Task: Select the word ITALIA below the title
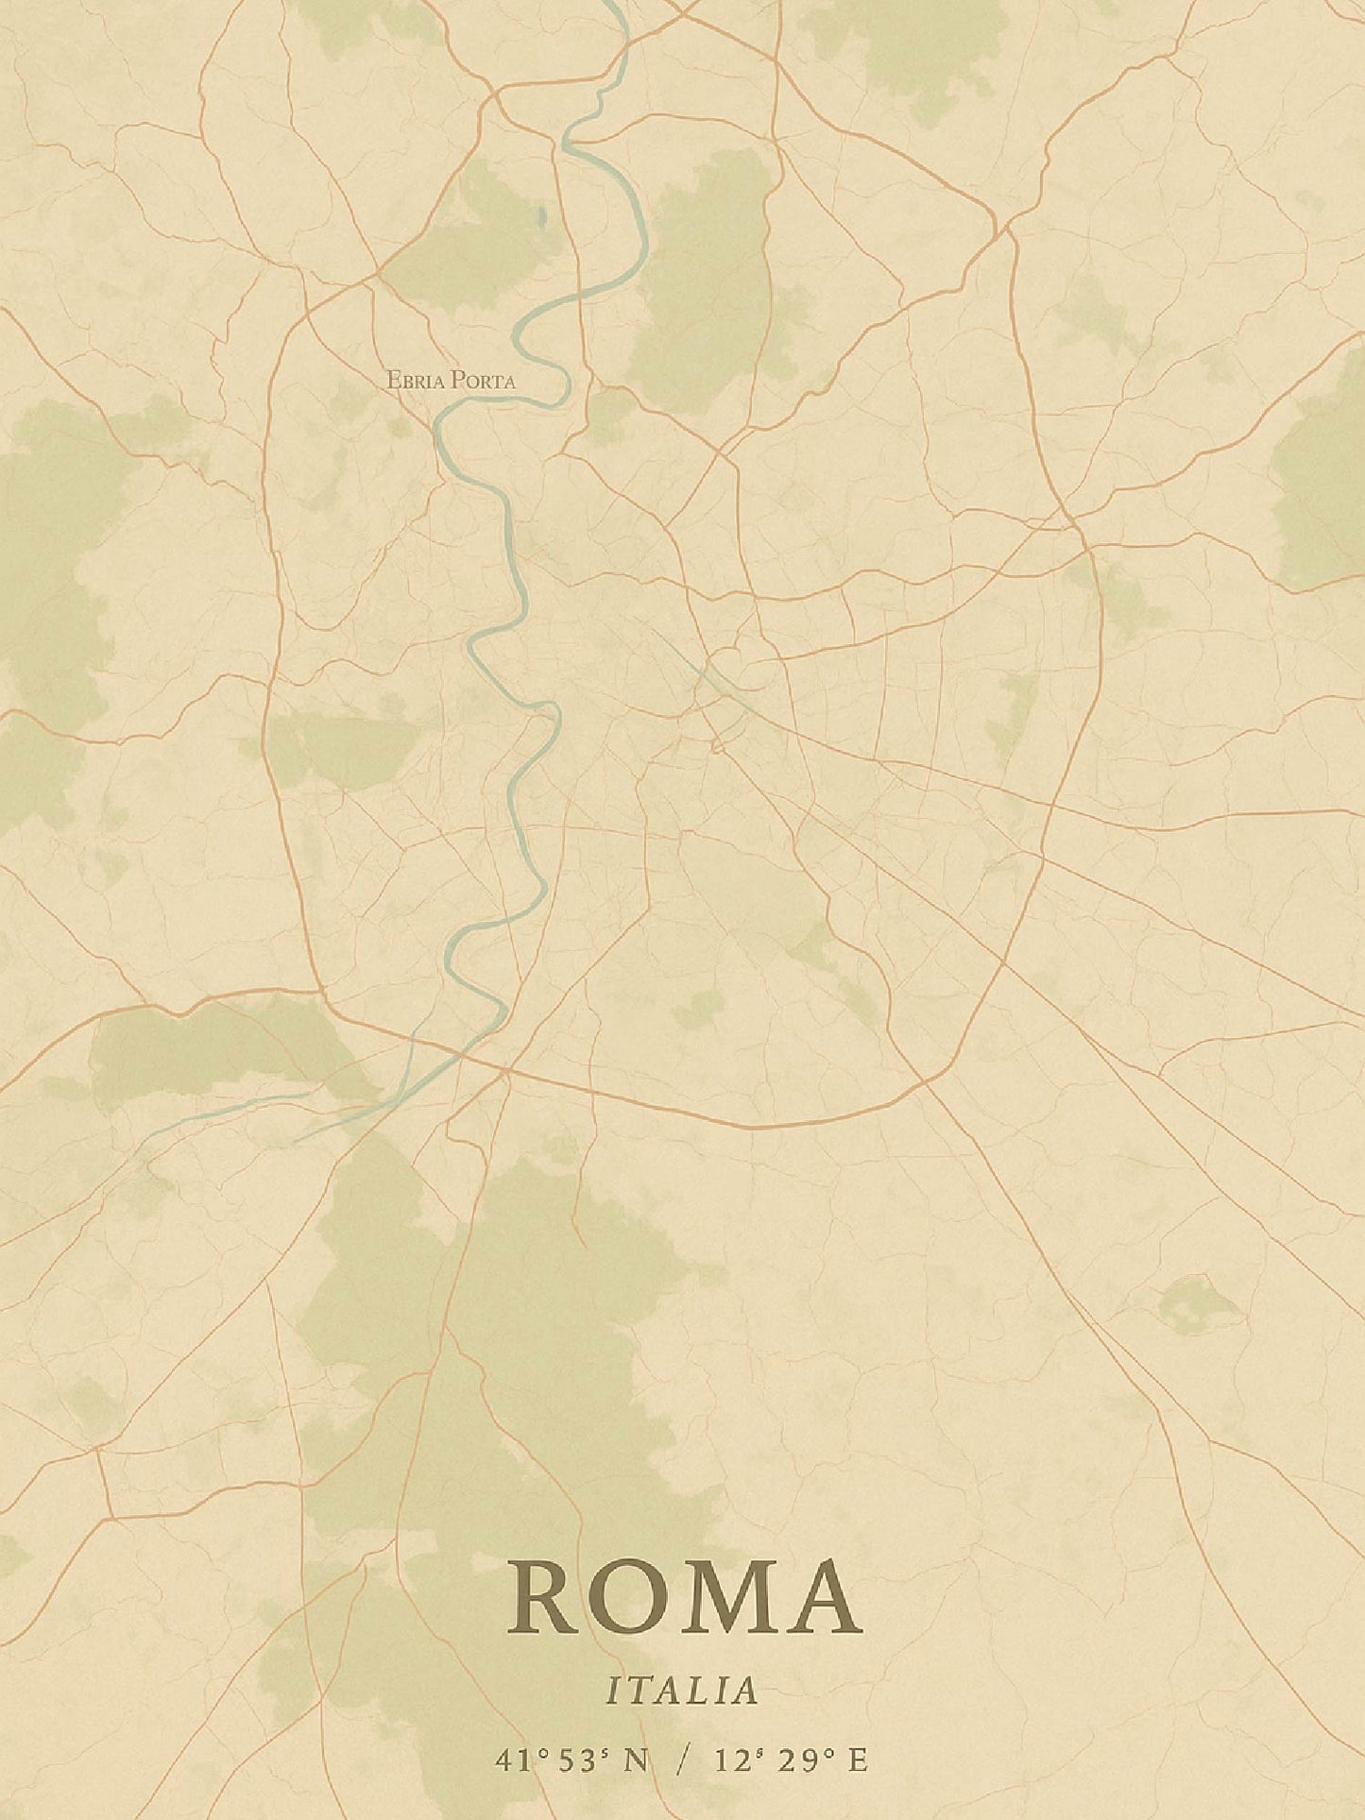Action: pyautogui.click(x=682, y=1691)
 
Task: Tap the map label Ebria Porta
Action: pyautogui.click(x=451, y=381)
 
